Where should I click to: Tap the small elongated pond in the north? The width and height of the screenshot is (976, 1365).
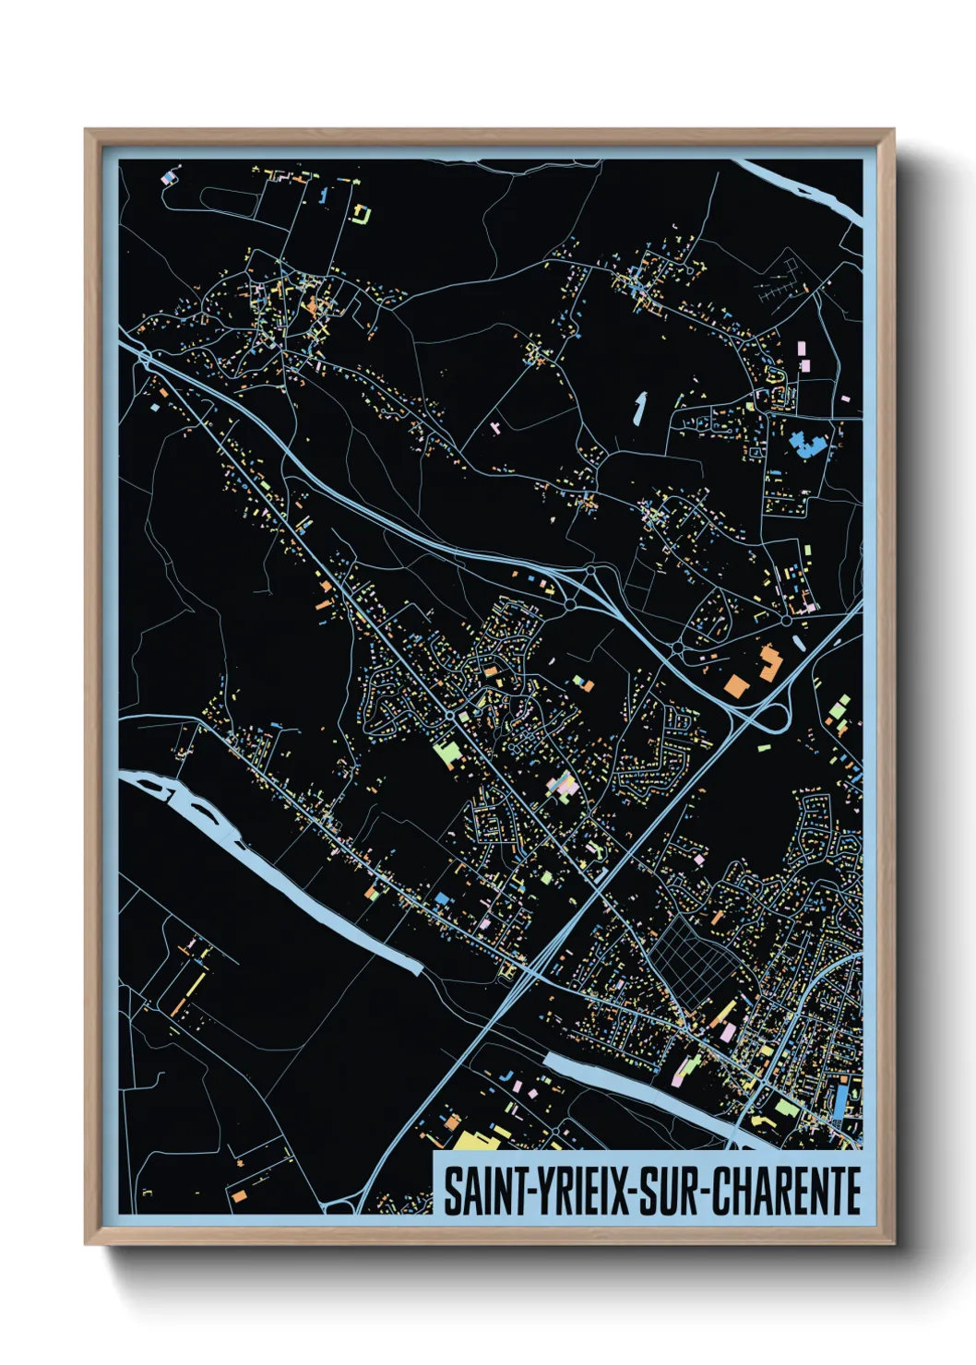tap(638, 407)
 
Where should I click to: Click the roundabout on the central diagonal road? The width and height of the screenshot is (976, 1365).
tap(449, 715)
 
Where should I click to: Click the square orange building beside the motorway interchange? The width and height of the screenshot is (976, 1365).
tap(768, 662)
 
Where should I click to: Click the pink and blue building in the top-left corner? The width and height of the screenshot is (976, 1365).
tap(168, 176)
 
